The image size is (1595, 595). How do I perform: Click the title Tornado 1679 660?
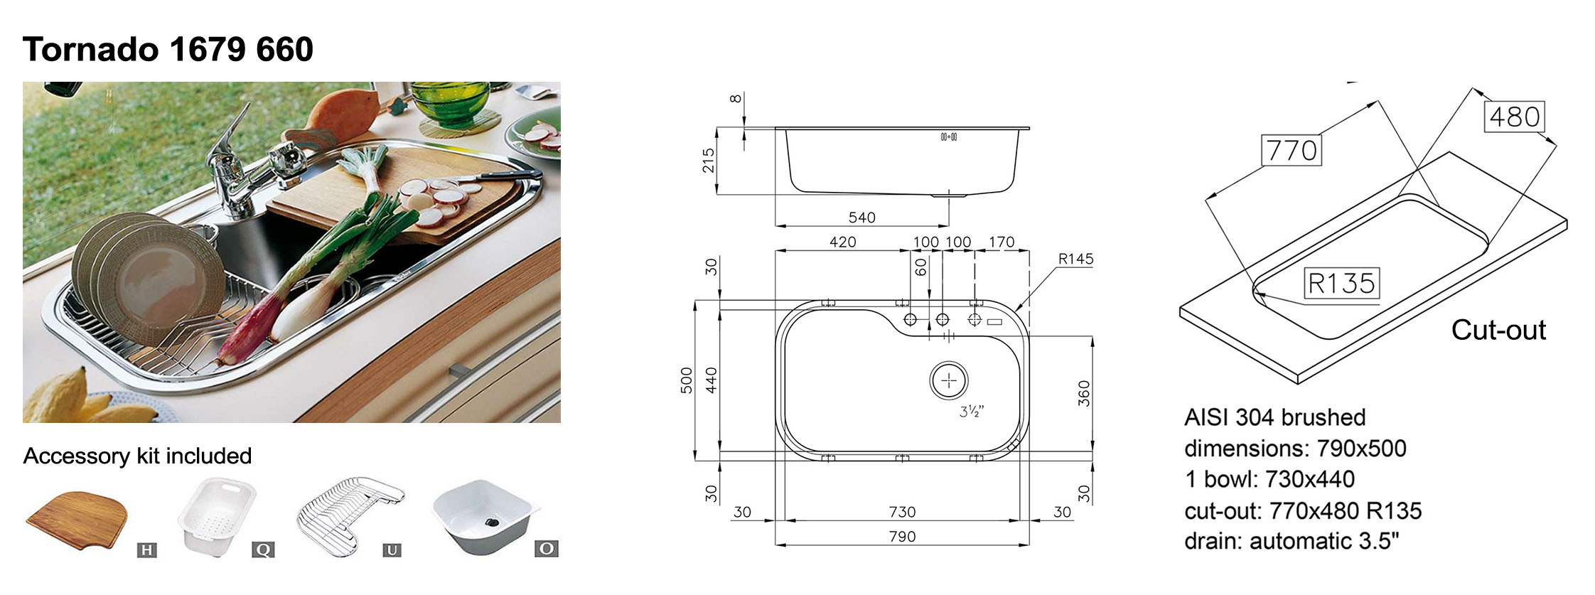[x=168, y=50]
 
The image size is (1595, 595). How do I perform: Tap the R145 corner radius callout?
[x=1075, y=259]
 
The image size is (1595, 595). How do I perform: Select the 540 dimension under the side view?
[x=861, y=218]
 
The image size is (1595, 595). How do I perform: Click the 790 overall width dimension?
[x=902, y=537]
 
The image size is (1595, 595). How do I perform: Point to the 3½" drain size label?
[x=972, y=411]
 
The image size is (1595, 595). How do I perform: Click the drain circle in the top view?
[x=949, y=381]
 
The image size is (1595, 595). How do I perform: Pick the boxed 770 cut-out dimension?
[x=1291, y=150]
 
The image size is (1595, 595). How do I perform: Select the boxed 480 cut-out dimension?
[x=1514, y=117]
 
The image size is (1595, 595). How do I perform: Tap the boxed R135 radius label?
[x=1341, y=283]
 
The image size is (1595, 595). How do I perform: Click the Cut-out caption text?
[x=1498, y=330]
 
